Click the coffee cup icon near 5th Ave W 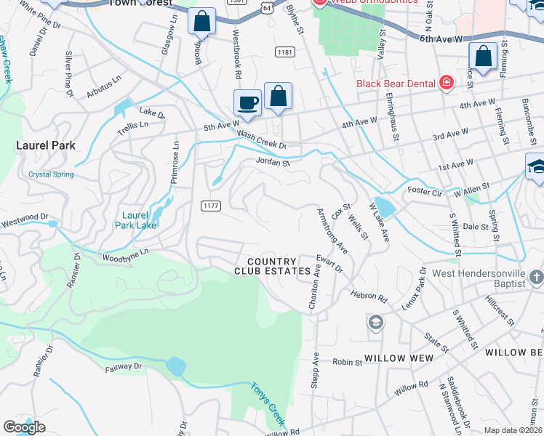tap(247, 102)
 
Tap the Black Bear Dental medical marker tap(446, 83)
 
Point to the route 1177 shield tap(210, 206)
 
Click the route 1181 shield tap(284, 52)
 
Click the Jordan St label tap(272, 163)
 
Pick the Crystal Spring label tap(51, 174)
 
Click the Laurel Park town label tap(46, 145)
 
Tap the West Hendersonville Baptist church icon tap(536, 277)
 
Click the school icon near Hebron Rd tap(375, 322)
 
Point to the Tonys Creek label tap(266, 405)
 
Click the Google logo tap(25, 427)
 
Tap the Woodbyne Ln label tap(125, 251)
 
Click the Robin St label tap(347, 361)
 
